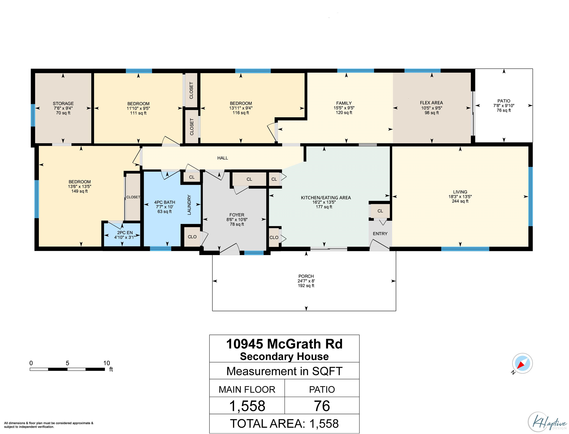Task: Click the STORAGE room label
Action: click(63, 104)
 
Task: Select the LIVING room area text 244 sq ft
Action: click(460, 201)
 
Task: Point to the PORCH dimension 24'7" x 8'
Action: click(306, 281)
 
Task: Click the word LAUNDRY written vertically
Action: click(189, 205)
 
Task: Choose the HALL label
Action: click(223, 158)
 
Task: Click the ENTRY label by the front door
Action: click(380, 234)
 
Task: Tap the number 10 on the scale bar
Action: click(107, 363)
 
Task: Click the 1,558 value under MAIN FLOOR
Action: click(247, 406)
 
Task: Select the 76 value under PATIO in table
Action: click(322, 406)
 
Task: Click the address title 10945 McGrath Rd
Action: click(284, 344)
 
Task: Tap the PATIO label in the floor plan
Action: click(504, 101)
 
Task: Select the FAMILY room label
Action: click(344, 103)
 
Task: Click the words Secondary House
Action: click(284, 357)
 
